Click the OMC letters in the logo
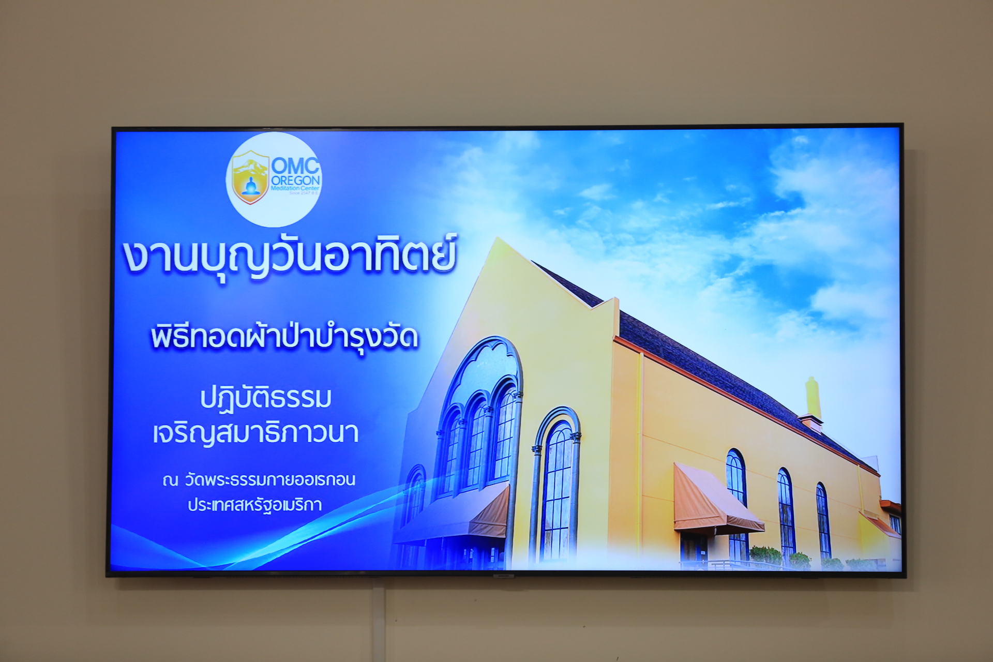pos(295,165)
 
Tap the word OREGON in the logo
pos(295,181)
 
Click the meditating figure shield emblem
pos(250,177)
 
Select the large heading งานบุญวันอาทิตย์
pos(290,256)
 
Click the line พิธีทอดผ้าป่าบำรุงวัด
pos(284,338)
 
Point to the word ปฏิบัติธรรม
pos(266,399)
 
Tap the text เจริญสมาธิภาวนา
pos(255,433)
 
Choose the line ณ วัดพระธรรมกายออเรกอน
pos(259,480)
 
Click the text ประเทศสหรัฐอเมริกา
pos(255,505)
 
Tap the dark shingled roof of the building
pos(724,372)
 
